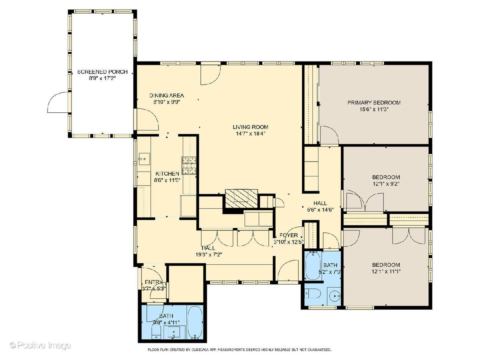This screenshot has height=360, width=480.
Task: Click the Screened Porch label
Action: coord(102,72)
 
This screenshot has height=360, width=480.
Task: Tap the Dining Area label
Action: coord(167,96)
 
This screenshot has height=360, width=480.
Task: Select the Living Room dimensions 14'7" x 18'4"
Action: coord(250,134)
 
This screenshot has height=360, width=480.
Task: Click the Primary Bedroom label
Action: coord(374,102)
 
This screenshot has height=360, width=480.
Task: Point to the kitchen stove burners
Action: coord(188,166)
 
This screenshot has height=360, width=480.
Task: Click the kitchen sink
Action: coord(144,159)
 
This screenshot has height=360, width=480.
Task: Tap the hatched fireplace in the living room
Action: coord(242,198)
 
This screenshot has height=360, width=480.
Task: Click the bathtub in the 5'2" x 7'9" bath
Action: coord(313,265)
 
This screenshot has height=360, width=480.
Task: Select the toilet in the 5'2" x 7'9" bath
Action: coord(313,293)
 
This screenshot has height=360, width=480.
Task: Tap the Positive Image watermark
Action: coord(40,345)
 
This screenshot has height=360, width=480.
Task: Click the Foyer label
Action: coord(289,235)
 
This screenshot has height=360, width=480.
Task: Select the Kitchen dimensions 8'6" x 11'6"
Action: coord(167,180)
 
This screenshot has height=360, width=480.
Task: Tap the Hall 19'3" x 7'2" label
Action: coord(209,251)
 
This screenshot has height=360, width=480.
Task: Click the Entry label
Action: coord(154,282)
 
